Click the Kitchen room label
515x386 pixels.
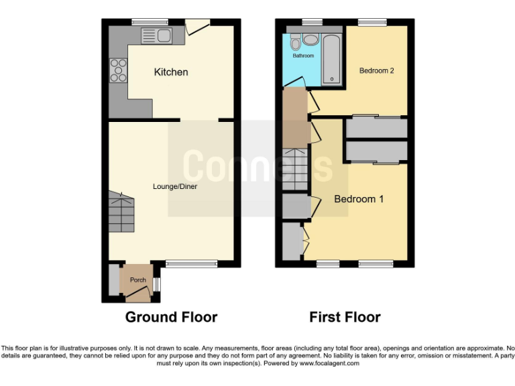pyautogui.click(x=171, y=72)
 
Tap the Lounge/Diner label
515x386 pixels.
pyautogui.click(x=175, y=186)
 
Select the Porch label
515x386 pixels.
pyautogui.click(x=137, y=279)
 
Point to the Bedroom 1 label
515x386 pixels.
pyautogui.click(x=359, y=199)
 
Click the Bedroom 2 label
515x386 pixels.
pyautogui.click(x=376, y=70)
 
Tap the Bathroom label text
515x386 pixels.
pyautogui.click(x=303, y=56)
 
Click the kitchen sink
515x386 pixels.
pyautogui.click(x=156, y=35)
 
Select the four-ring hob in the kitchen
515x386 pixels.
pyautogui.click(x=119, y=70)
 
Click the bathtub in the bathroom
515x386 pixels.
pyautogui.click(x=332, y=60)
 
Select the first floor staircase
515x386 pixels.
pyautogui.click(x=294, y=171)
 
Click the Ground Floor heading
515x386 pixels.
pyautogui.click(x=171, y=317)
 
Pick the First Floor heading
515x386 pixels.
pyautogui.click(x=345, y=317)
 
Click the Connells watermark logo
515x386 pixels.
pyautogui.click(x=257, y=166)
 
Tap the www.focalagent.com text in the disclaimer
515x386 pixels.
pyautogui.click(x=321, y=363)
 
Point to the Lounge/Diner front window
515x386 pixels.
pyautogui.click(x=191, y=264)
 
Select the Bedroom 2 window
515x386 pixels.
pyautogui.click(x=369, y=22)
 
